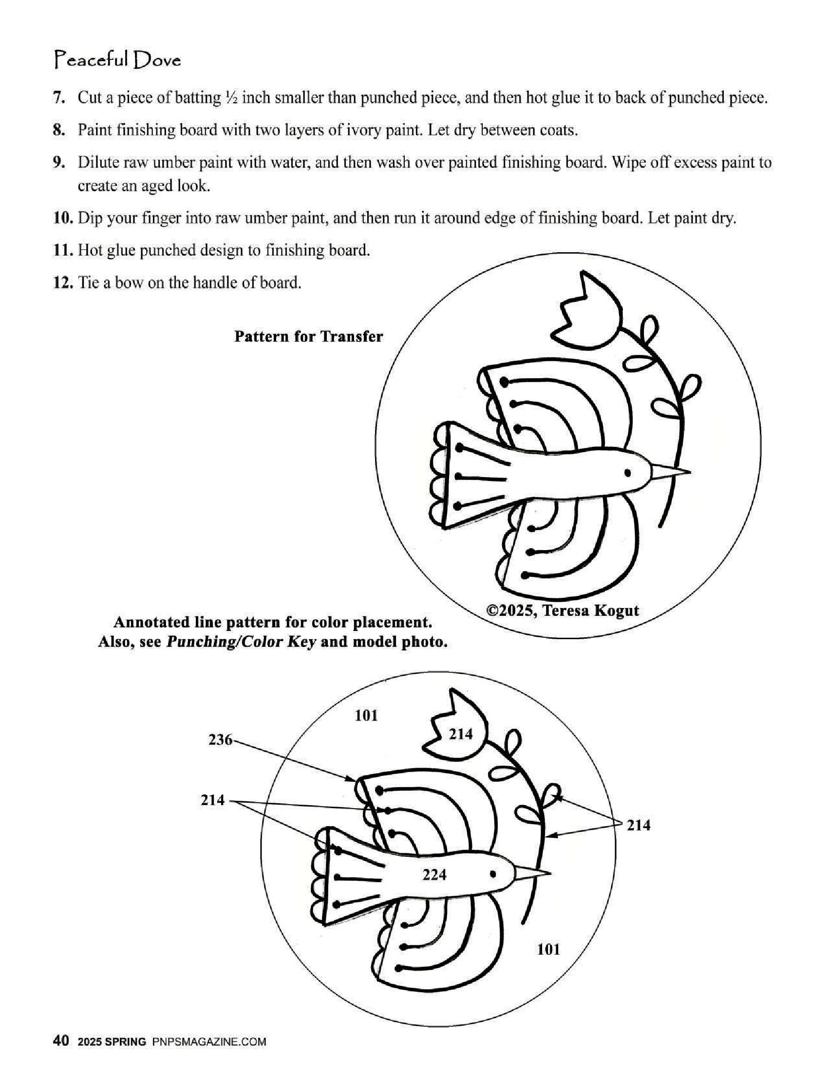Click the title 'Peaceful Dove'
click(x=117, y=60)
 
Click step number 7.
click(x=59, y=98)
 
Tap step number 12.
click(x=63, y=283)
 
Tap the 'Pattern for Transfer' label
click(x=308, y=336)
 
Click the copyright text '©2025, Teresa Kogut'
click(x=562, y=610)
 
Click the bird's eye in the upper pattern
click(x=627, y=473)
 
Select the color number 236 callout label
click(x=220, y=739)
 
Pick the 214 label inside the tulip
click(x=461, y=734)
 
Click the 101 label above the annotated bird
click(x=366, y=716)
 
